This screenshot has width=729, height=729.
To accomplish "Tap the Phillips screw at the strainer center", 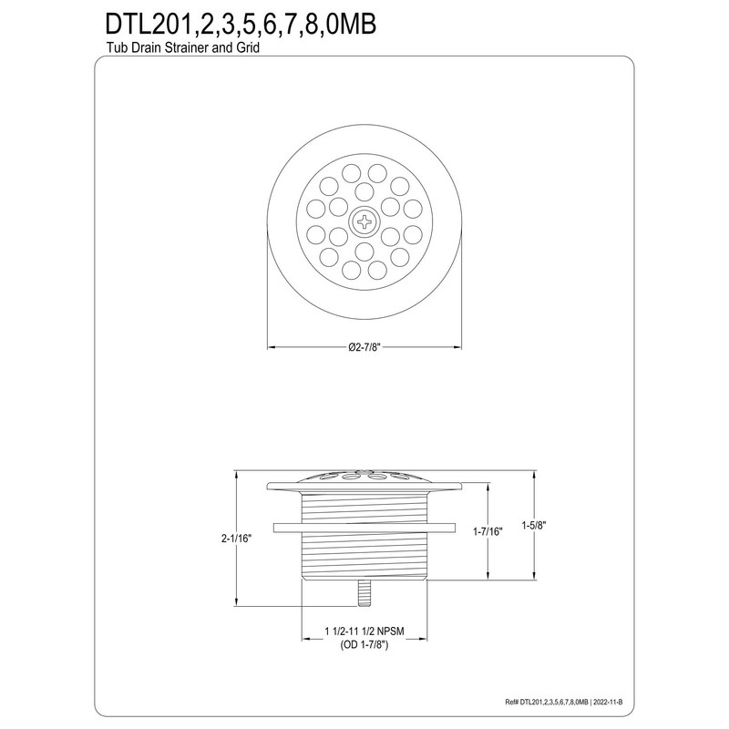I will [363, 221].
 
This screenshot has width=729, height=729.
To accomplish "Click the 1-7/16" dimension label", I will [488, 530].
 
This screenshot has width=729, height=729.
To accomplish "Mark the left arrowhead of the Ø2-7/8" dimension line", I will [270, 347].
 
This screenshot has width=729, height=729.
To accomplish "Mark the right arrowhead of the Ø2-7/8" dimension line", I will [456, 347].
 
